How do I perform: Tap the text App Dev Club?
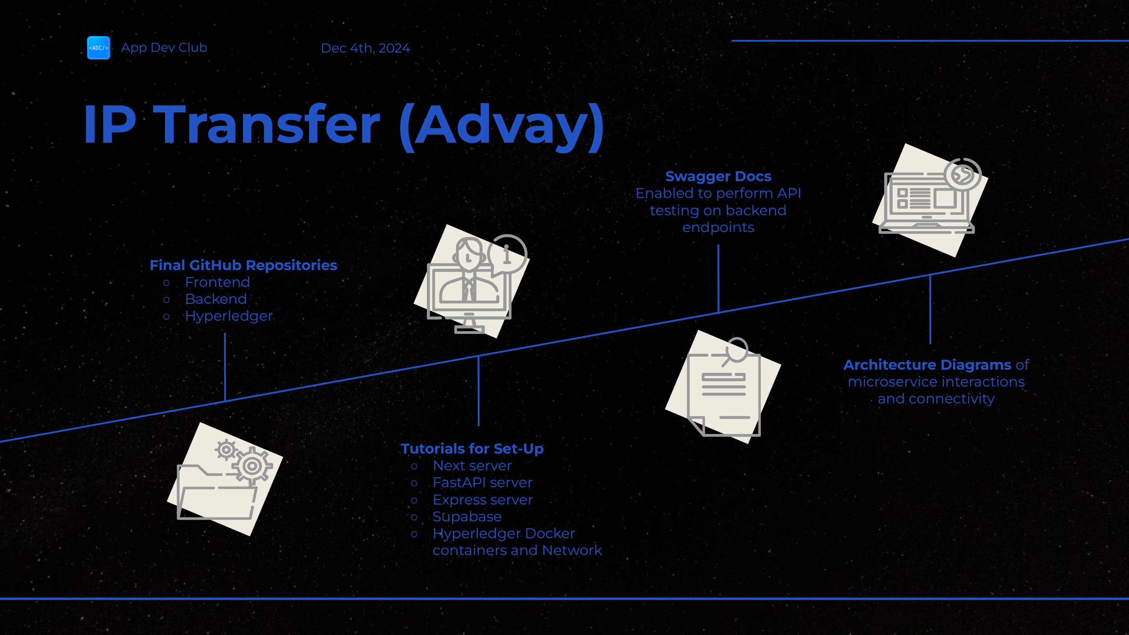click(x=164, y=47)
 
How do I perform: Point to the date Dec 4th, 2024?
click(x=365, y=48)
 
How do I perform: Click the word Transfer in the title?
click(x=266, y=125)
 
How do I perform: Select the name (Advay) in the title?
click(x=502, y=127)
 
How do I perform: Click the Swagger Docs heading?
click(x=718, y=176)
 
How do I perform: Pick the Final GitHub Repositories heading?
click(x=243, y=265)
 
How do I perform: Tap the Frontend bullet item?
click(x=218, y=282)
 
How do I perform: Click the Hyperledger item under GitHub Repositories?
click(x=229, y=316)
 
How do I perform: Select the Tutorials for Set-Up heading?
click(x=472, y=449)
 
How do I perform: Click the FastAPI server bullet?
click(x=483, y=483)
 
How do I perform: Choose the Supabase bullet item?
click(x=467, y=517)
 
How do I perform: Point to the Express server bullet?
click(x=483, y=500)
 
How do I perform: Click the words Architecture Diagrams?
click(x=928, y=365)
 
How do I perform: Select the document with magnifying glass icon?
click(x=723, y=387)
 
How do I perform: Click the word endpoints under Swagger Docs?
click(x=718, y=227)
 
